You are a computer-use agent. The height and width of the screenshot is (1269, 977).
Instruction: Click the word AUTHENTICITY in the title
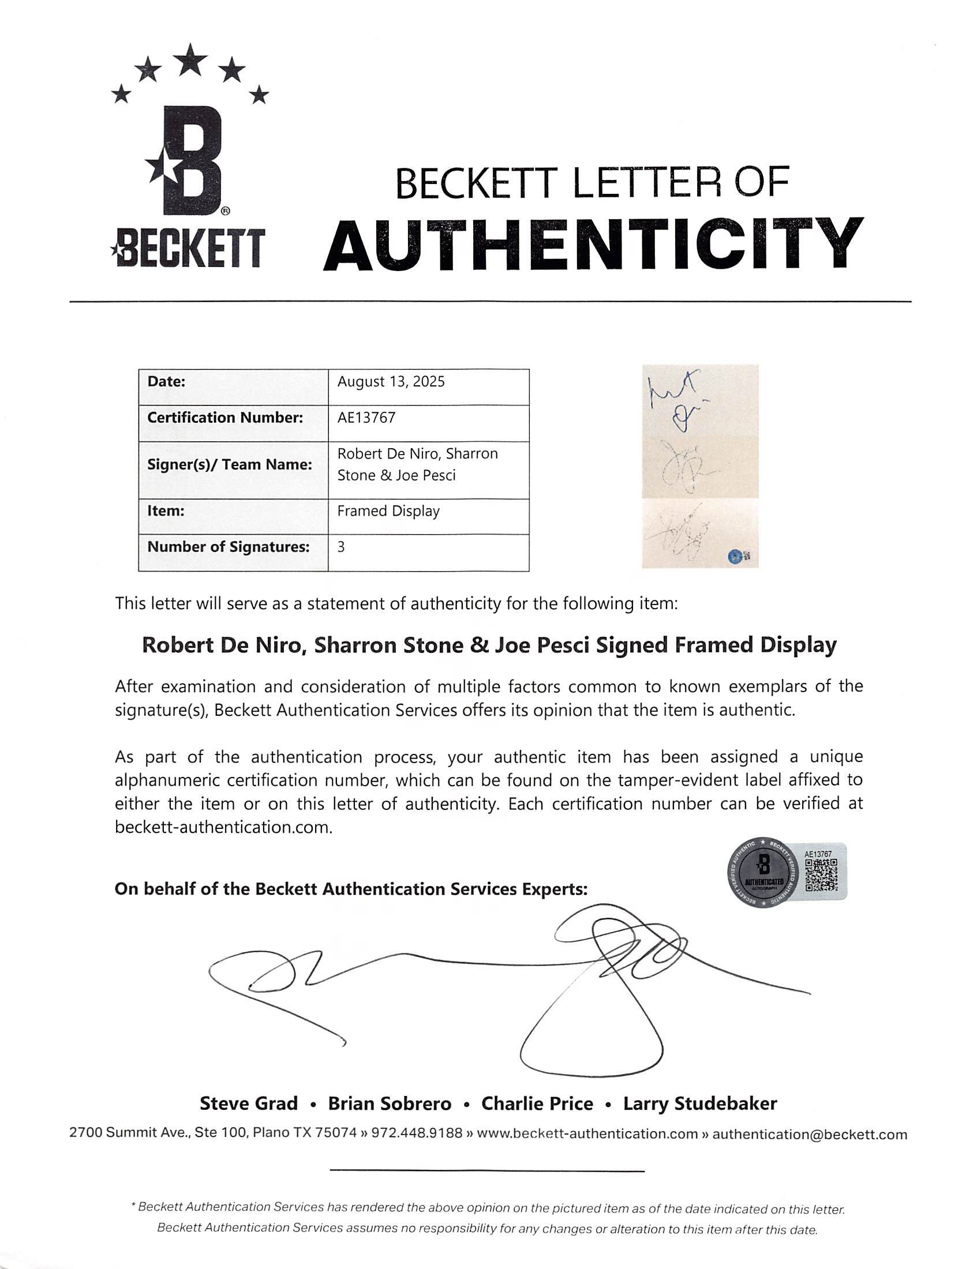pyautogui.click(x=592, y=245)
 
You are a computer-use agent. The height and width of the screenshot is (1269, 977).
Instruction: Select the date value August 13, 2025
pyautogui.click(x=391, y=382)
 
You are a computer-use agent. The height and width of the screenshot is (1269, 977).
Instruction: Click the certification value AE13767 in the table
pyautogui.click(x=366, y=418)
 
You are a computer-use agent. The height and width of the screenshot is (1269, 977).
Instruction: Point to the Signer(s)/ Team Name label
pyautogui.click(x=229, y=465)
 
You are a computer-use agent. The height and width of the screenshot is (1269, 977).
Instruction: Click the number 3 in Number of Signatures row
pyautogui.click(x=341, y=547)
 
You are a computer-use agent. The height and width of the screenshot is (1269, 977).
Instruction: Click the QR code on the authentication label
pyautogui.click(x=821, y=876)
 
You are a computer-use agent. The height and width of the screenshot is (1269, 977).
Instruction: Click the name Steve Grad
pyautogui.click(x=248, y=1103)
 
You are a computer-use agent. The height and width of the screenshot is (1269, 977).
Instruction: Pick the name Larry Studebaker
pyautogui.click(x=699, y=1103)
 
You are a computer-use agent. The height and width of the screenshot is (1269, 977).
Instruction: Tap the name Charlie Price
pyautogui.click(x=537, y=1103)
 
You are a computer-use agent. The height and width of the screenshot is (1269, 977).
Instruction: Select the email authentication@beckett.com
pyautogui.click(x=809, y=1134)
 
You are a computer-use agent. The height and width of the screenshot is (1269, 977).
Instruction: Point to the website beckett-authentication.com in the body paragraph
pyautogui.click(x=223, y=827)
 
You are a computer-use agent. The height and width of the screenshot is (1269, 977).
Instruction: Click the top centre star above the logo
pyautogui.click(x=190, y=60)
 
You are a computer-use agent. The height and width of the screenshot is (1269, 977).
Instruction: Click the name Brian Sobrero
pyautogui.click(x=390, y=1103)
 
